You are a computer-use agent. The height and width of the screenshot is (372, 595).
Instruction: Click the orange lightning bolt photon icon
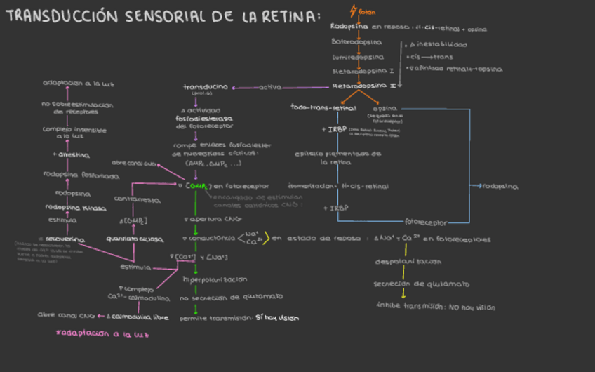(x=354, y=11)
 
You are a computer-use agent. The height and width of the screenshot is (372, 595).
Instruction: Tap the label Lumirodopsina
(x=358, y=57)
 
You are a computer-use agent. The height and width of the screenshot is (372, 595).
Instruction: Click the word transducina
(x=205, y=87)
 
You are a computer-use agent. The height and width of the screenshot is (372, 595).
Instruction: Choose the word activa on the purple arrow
(x=270, y=87)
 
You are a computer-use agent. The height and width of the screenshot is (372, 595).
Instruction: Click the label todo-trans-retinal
(x=323, y=108)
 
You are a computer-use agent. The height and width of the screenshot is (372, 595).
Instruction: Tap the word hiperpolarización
(x=215, y=279)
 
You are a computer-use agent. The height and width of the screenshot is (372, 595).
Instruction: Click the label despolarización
(x=408, y=261)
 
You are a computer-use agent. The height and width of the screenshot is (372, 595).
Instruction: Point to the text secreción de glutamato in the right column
(x=421, y=284)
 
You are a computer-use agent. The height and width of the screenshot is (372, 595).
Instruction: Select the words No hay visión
(x=472, y=307)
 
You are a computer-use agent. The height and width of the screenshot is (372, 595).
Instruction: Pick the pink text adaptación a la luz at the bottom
(x=102, y=334)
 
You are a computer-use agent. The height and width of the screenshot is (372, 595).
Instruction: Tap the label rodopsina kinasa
(x=75, y=208)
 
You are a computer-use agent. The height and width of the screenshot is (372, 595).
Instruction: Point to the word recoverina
(x=65, y=239)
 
